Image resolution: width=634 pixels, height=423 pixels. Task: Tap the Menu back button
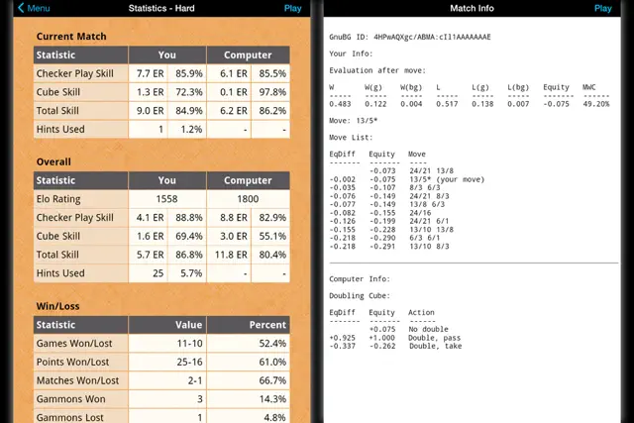[x=34, y=8]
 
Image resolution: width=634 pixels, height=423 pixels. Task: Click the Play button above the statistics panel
[x=293, y=8]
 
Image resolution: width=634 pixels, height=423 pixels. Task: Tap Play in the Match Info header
[x=603, y=8]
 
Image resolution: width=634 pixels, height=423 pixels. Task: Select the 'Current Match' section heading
[x=71, y=37]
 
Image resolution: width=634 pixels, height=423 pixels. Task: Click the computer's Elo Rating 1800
[x=248, y=199]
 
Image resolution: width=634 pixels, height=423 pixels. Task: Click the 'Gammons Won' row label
[x=69, y=399]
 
